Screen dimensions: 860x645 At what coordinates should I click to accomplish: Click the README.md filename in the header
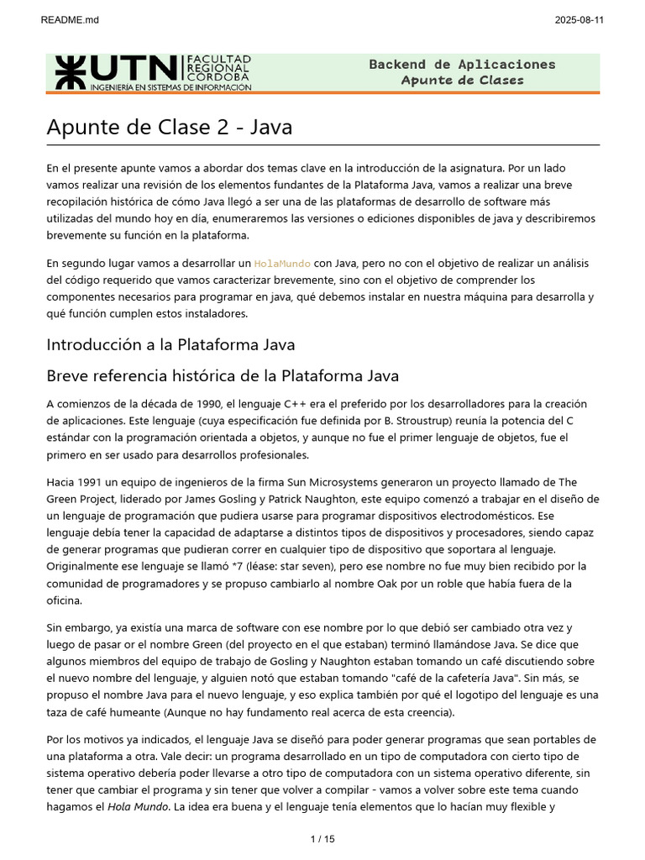pyautogui.click(x=70, y=20)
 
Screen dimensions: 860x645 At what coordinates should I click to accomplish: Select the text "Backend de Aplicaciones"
pyautogui.click(x=462, y=65)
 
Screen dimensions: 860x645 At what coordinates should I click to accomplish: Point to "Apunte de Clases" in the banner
pyautogui.click(x=462, y=81)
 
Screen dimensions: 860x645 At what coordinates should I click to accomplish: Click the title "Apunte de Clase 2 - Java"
pyautogui.click(x=169, y=127)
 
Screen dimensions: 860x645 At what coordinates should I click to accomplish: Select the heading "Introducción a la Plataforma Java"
pyautogui.click(x=170, y=344)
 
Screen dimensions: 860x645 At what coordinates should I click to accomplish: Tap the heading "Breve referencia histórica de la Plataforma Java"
pyautogui.click(x=223, y=375)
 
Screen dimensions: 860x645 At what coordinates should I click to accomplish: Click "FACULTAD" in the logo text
pyautogui.click(x=218, y=60)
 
